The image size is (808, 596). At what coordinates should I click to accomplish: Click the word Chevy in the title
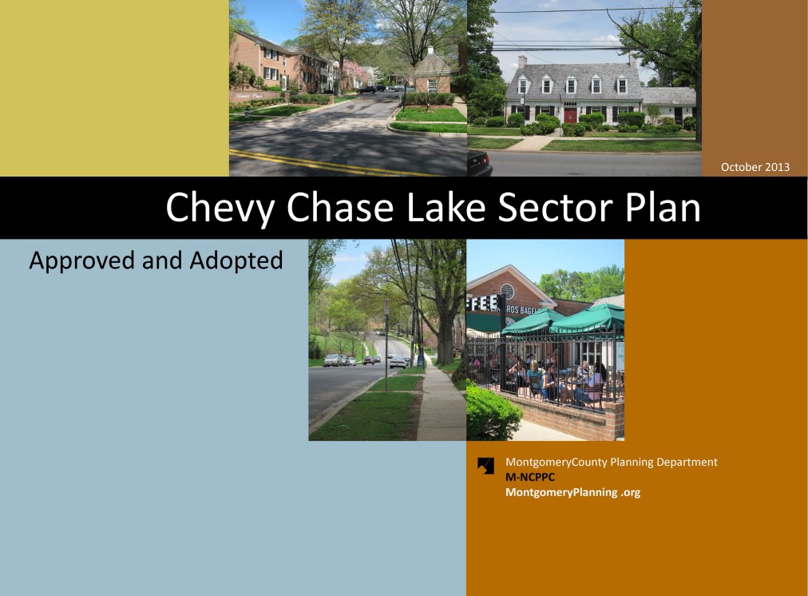(x=221, y=209)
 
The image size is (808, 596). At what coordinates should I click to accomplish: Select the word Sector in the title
(x=555, y=207)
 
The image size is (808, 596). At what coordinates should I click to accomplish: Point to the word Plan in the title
(x=663, y=207)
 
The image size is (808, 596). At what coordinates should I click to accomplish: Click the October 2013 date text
(x=755, y=167)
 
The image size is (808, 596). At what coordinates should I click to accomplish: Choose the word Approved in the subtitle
(x=82, y=261)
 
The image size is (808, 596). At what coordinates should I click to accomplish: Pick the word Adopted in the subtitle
(x=236, y=260)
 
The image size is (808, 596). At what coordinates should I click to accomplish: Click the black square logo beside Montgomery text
(x=485, y=466)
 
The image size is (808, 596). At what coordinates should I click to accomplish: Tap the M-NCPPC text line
(x=529, y=477)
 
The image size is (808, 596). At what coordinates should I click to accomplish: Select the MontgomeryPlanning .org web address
(x=572, y=492)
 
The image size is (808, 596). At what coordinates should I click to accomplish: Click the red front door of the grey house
(x=570, y=114)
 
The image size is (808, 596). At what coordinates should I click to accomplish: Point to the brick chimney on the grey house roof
(x=522, y=62)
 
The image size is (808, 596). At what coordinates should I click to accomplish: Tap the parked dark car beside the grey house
(x=479, y=162)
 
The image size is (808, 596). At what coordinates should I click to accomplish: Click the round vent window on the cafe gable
(x=507, y=291)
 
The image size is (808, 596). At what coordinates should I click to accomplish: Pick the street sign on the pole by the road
(x=386, y=308)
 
